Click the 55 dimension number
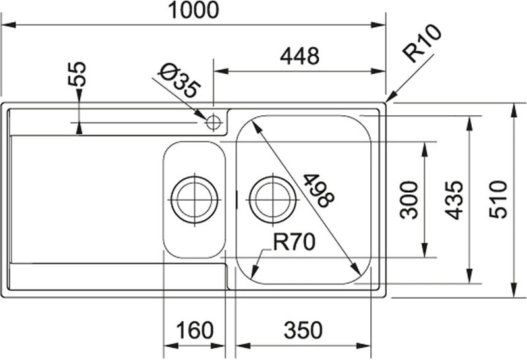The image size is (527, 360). [78, 75]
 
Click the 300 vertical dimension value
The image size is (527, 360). [410, 199]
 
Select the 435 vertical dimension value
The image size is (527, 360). [455, 199]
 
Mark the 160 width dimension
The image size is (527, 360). [195, 330]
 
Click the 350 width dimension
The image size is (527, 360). [302, 330]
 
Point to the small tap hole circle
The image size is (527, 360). [213, 122]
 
